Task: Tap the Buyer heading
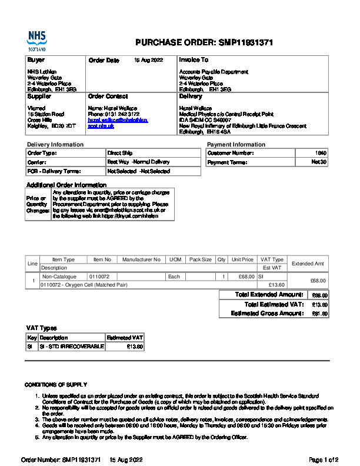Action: pyautogui.click(x=36, y=60)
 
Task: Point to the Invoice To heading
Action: pyautogui.click(x=194, y=60)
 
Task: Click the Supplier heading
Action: pyautogui.click(x=39, y=96)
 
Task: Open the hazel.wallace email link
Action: pyautogui.click(x=118, y=120)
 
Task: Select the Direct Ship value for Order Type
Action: pyautogui.click(x=119, y=153)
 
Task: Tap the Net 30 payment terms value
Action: pyautogui.click(x=319, y=162)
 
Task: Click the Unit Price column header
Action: pyautogui.click(x=242, y=259)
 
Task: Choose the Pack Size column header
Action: pyautogui.click(x=200, y=259)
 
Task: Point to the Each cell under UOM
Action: pyautogui.click(x=174, y=276)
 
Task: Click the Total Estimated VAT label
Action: pyautogui.click(x=274, y=304)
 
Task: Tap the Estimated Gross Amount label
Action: pyautogui.click(x=268, y=313)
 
